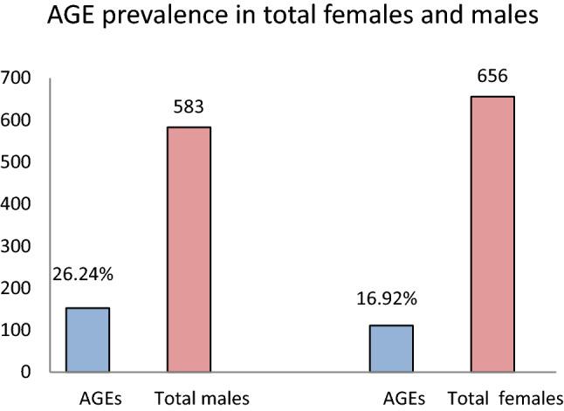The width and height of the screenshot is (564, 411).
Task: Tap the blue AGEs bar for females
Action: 391,348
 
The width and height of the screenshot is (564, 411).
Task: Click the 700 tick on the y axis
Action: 17,79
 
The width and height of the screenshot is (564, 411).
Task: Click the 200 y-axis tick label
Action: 17,288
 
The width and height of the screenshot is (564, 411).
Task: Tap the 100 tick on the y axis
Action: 17,330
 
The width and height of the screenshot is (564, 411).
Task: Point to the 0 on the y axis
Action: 26,372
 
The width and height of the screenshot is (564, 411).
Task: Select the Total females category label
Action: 502,399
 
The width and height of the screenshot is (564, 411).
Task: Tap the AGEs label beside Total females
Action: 404,399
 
